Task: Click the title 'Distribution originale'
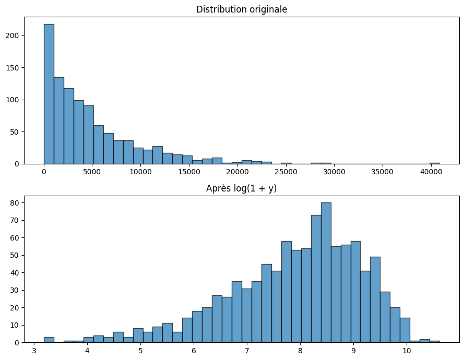(x=242, y=9)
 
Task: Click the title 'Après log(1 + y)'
(x=242, y=188)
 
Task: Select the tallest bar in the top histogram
(x=49, y=94)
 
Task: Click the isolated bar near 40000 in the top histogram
(x=434, y=163)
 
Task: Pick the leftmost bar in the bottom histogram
(x=49, y=340)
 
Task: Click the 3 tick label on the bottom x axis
(x=34, y=350)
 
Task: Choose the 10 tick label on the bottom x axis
(x=406, y=350)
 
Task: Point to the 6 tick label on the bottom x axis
(x=194, y=350)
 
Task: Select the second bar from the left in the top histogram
(x=59, y=121)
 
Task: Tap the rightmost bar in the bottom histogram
(x=434, y=341)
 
